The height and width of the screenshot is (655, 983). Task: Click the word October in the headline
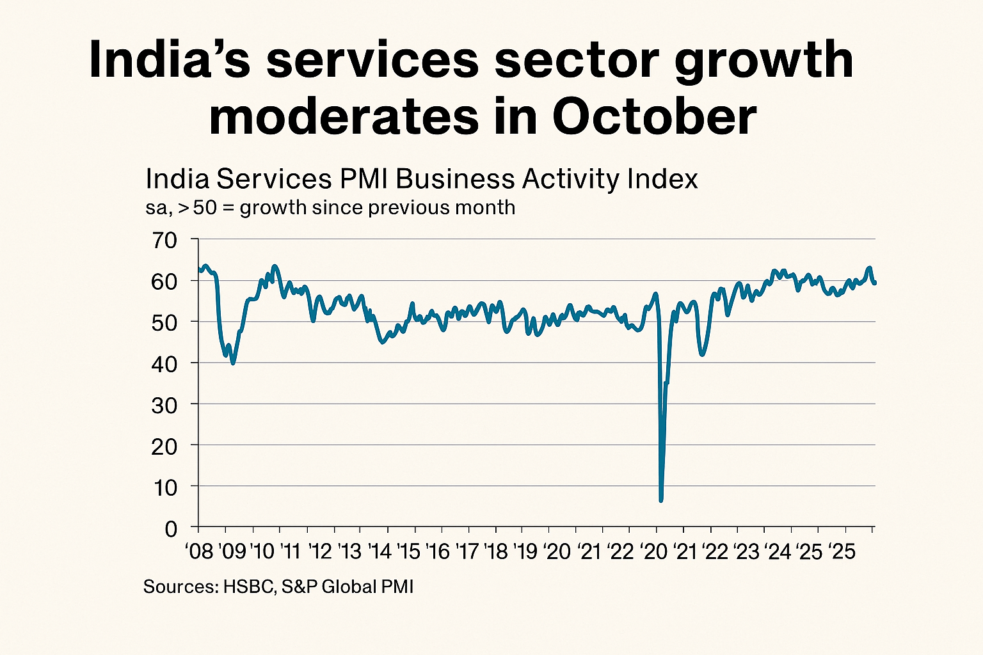(654, 118)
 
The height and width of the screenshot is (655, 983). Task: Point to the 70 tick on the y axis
(164, 241)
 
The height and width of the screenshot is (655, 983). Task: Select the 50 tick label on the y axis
(164, 322)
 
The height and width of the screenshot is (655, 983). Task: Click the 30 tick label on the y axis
(164, 405)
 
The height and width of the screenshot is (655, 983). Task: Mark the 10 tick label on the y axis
(164, 487)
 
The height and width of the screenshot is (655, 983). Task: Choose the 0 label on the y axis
(170, 528)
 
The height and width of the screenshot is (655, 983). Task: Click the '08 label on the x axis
(198, 551)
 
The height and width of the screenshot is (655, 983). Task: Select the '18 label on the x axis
(497, 551)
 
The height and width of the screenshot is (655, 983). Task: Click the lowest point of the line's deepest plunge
(660, 500)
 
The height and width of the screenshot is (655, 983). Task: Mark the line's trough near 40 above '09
(233, 363)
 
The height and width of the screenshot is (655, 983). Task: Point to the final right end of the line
(875, 283)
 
